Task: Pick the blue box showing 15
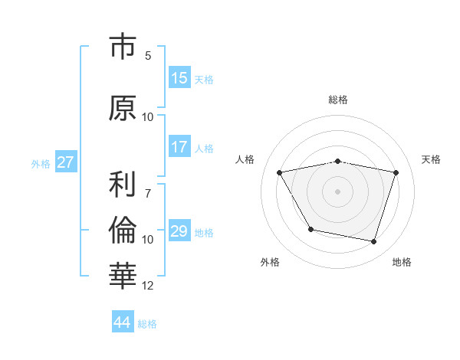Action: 179,78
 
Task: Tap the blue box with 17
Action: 179,147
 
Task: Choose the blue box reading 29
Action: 179,231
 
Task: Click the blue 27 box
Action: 65,162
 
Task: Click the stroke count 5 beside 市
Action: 148,55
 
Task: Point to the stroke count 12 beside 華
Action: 148,286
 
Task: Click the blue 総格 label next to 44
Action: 147,324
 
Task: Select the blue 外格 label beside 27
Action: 41,163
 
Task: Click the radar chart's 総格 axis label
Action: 337,100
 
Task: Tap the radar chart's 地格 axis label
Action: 402,262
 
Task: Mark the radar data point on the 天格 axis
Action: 396,172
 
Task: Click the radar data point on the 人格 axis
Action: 280,172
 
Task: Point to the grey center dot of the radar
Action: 337,191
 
